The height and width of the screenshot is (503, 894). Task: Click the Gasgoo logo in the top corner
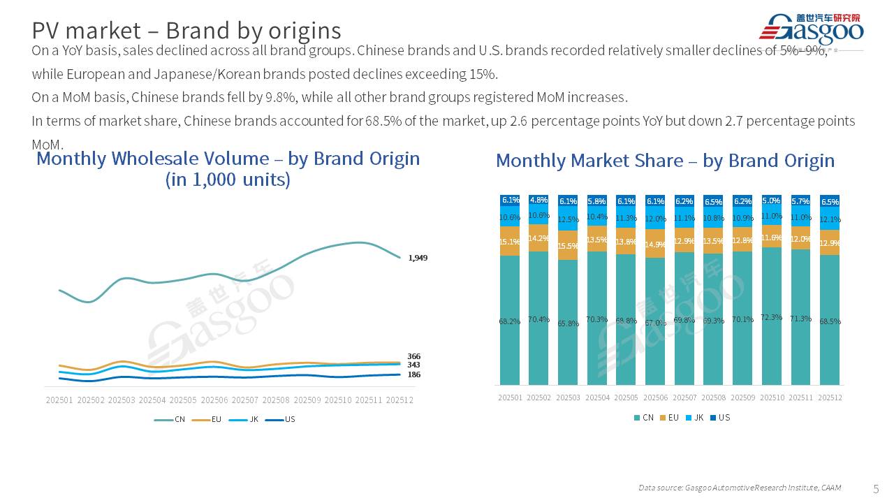811,29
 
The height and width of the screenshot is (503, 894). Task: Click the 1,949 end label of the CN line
418,258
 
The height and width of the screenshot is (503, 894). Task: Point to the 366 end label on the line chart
414,356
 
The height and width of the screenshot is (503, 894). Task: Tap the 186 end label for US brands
414,374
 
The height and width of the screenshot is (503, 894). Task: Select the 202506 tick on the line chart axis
214,400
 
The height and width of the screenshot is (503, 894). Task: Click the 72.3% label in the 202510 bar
771,317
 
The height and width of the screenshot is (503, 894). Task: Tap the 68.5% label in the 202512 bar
830,321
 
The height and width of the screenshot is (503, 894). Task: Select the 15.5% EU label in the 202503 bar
569,247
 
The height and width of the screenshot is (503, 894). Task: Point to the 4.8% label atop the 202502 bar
539,201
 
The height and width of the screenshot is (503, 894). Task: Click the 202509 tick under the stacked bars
742,398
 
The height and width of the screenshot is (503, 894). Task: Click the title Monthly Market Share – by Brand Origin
665,161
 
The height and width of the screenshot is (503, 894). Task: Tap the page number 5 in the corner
877,488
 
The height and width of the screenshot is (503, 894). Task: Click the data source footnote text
740,488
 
